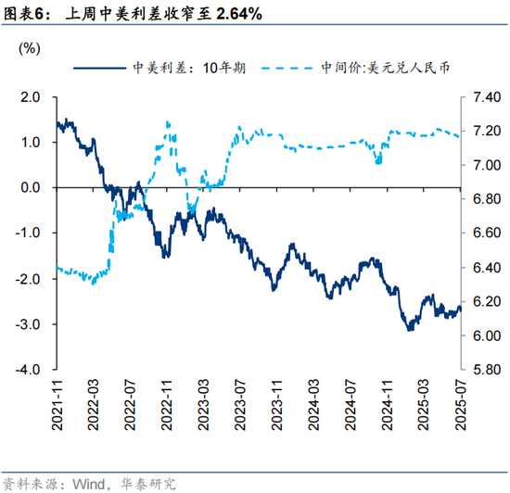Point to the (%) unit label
point(30,48)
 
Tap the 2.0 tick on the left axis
point(32,96)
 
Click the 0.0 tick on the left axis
point(32,187)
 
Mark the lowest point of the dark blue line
point(409,329)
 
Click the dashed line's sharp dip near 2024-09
point(377,163)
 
